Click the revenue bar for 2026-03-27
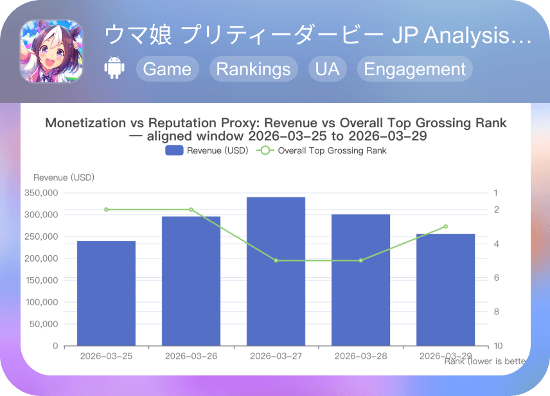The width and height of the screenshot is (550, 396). pos(276,271)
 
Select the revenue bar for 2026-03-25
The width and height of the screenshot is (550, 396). pos(106,293)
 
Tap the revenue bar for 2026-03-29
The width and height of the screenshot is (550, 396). pos(445,289)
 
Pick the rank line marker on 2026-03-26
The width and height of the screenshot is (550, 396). pos(191,210)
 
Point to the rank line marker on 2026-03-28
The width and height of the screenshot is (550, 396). pos(360,260)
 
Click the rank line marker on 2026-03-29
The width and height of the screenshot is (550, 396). pos(445,226)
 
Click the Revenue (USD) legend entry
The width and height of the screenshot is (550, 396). pos(206,150)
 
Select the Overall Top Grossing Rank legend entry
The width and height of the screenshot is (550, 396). pos(322,150)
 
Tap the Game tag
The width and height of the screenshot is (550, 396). pos(167,69)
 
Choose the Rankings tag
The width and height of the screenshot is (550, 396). pos(253,69)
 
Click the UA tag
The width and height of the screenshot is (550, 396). pos(328,69)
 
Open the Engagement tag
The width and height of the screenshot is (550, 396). pos(414,69)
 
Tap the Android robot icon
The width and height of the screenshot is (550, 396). pos(114,69)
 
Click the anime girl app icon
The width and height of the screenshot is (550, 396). pos(51,51)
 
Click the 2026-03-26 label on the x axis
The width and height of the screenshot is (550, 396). pos(191,356)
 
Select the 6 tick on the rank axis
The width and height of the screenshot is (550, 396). pos(497,278)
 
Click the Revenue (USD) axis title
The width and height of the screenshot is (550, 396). pos(64,177)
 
